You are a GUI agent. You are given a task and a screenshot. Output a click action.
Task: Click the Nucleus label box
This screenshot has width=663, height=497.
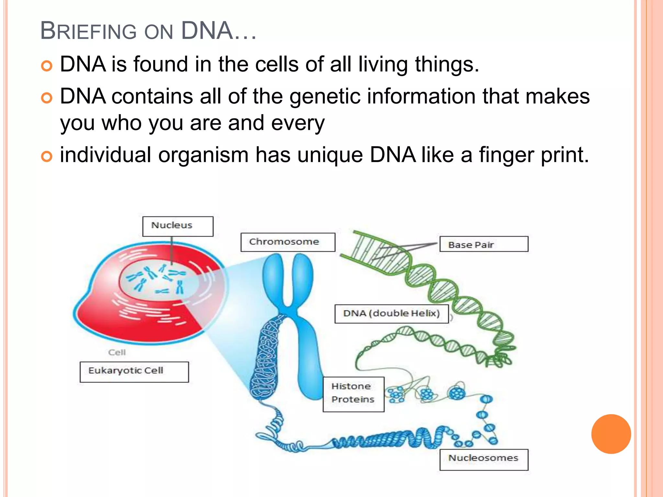click(178, 226)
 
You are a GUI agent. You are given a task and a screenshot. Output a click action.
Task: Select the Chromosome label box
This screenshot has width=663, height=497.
click(287, 242)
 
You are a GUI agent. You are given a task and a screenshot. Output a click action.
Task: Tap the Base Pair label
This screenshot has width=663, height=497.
click(484, 244)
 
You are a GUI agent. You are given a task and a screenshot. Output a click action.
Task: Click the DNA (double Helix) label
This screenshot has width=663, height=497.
click(391, 314)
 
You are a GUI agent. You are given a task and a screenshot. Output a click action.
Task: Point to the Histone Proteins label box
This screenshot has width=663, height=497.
click(353, 394)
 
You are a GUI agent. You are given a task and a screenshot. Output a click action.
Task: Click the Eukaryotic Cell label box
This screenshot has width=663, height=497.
click(134, 371)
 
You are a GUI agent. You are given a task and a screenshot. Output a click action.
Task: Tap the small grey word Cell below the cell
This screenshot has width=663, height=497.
click(117, 352)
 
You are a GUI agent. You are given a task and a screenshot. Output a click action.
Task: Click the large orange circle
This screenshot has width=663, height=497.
click(611, 434)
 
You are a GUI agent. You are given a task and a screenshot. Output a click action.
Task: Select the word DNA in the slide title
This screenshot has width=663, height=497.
click(207, 31)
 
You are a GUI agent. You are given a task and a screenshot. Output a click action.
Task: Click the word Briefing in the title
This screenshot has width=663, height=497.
click(88, 31)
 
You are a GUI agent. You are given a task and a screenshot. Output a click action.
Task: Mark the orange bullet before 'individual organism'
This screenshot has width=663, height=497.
click(47, 157)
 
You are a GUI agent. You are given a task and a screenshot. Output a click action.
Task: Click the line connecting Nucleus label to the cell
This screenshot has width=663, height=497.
click(172, 249)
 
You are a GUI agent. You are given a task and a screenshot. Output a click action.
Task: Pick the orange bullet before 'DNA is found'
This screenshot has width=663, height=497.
click(47, 66)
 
